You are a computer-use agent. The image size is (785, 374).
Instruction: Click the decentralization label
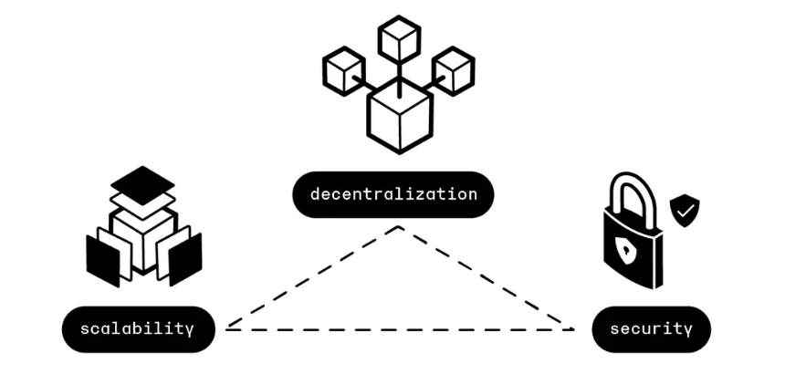393,194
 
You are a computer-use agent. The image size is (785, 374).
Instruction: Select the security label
652,329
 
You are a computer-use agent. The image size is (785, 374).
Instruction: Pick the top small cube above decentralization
399,39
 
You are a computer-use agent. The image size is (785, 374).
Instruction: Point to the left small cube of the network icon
344,70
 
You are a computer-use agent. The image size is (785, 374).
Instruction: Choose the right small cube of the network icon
454,70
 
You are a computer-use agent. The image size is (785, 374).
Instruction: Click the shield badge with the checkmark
685,211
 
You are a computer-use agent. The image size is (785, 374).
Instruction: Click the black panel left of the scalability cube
103,261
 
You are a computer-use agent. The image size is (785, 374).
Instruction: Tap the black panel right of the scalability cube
185,259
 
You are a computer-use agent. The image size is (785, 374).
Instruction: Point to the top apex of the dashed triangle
399,227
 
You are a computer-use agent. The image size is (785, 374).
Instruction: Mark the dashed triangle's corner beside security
572,329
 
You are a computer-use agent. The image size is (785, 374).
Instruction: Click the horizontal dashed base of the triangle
400,329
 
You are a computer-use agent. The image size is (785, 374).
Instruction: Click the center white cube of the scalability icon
143,239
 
